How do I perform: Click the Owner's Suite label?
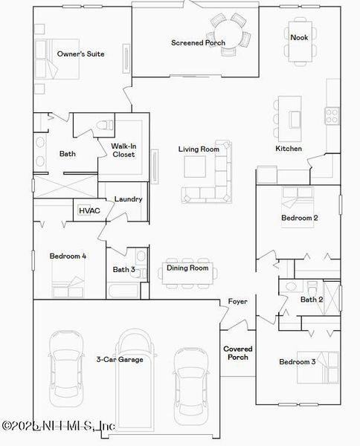click(80, 54)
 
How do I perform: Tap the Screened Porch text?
click(198, 43)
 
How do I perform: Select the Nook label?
click(299, 37)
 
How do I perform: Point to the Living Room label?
click(199, 149)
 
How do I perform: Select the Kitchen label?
click(289, 149)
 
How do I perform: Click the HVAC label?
click(89, 211)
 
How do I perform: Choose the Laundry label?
click(128, 199)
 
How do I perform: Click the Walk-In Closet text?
click(123, 150)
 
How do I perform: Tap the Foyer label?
click(237, 302)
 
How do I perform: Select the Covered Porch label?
click(238, 353)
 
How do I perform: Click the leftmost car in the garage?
click(65, 364)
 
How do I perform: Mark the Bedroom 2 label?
click(299, 218)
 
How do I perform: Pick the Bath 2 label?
click(311, 300)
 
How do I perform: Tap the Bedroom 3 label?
click(298, 362)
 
